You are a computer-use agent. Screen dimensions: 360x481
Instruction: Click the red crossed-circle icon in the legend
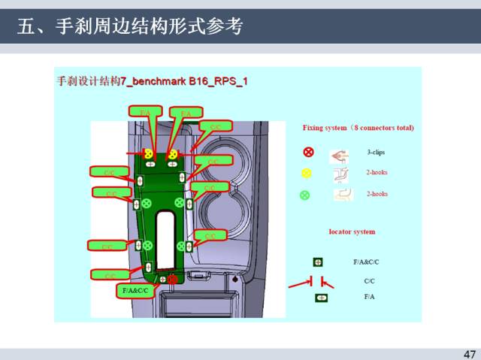point(307,153)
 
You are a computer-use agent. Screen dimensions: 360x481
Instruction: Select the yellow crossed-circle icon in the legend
point(307,173)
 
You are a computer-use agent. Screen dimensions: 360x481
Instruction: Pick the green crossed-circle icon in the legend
point(305,195)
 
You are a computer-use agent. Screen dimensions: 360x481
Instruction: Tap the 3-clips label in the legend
point(376,152)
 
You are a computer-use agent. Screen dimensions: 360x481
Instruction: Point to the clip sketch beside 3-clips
point(340,156)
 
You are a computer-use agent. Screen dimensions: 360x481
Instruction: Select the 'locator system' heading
point(352,231)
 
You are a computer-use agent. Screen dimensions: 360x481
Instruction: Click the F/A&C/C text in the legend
point(367,262)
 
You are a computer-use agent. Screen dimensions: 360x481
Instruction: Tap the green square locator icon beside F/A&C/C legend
point(319,262)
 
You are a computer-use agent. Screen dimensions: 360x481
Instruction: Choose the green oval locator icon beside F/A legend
point(322,298)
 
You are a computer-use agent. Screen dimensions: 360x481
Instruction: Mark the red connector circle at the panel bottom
point(172,280)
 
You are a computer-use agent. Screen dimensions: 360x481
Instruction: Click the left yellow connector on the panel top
point(149,153)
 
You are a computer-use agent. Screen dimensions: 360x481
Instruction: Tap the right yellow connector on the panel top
point(173,154)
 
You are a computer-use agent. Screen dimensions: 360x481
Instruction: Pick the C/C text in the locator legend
point(369,280)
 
